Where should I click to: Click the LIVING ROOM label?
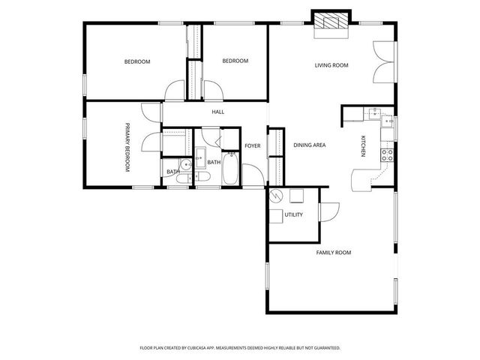coord(331,65)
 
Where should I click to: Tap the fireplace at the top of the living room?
coord(331,22)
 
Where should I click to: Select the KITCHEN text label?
coord(363,146)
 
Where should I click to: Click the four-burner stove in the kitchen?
coord(388,155)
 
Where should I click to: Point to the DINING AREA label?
coord(309,145)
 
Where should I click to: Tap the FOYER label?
coord(253,145)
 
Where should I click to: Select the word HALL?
coord(217,112)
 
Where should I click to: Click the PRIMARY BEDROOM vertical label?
coord(127,148)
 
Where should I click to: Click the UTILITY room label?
coord(293,215)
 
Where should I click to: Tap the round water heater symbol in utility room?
coord(275,196)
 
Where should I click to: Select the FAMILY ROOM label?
coord(333,253)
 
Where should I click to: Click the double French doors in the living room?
coord(382,60)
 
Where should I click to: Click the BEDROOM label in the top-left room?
coord(137,61)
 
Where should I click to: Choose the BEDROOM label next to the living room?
coord(235,61)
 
